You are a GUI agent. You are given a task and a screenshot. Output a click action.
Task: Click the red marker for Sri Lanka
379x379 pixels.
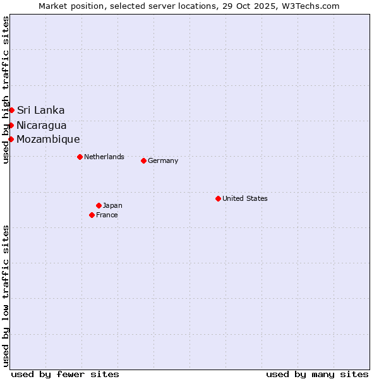[x=11, y=111]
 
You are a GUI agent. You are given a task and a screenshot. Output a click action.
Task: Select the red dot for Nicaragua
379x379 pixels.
[x=11, y=125]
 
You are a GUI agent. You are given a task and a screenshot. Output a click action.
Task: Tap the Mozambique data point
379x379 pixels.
[x=11, y=139]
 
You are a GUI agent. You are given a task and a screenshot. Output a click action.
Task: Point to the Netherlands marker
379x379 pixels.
[x=80, y=157]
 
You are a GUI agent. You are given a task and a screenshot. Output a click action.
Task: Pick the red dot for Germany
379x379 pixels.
[x=143, y=160]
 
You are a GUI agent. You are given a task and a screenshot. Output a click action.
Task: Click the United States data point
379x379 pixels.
[x=218, y=198]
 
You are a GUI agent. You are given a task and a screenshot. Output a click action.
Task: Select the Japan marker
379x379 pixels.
[x=99, y=205]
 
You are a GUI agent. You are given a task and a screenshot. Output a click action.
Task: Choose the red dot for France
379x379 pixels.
[x=92, y=215]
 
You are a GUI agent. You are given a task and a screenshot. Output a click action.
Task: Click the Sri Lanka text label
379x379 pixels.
[x=40, y=111]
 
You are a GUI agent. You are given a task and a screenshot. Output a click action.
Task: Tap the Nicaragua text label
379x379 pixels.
[x=42, y=125]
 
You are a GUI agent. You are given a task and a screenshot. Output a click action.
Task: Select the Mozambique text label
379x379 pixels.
[x=48, y=139]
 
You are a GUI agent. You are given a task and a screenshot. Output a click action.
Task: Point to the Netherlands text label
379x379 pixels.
[x=104, y=157]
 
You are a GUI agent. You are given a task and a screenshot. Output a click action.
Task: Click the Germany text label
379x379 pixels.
[x=163, y=160]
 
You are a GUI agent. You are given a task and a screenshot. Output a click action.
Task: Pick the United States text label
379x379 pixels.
[x=245, y=198]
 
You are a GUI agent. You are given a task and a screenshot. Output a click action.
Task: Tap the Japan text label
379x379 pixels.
[x=112, y=205]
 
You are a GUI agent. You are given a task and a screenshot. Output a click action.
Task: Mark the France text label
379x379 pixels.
[x=107, y=215]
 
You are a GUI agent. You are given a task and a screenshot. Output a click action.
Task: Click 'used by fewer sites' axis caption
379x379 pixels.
[x=65, y=374]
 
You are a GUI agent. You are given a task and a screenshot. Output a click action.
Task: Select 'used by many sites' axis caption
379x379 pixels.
[x=317, y=374]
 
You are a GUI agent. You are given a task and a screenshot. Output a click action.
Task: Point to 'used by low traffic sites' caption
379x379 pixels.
[x=6, y=295]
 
